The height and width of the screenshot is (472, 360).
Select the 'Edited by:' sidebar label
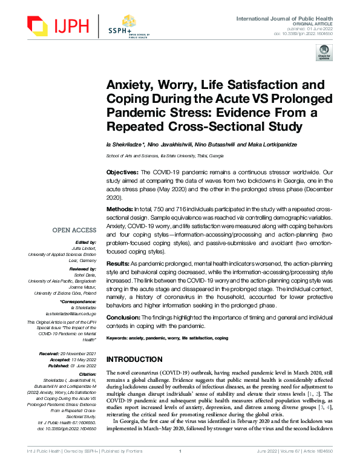(84, 242)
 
